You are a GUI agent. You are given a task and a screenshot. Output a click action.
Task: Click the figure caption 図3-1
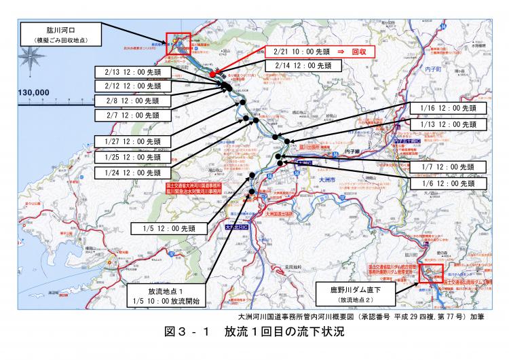254,333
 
